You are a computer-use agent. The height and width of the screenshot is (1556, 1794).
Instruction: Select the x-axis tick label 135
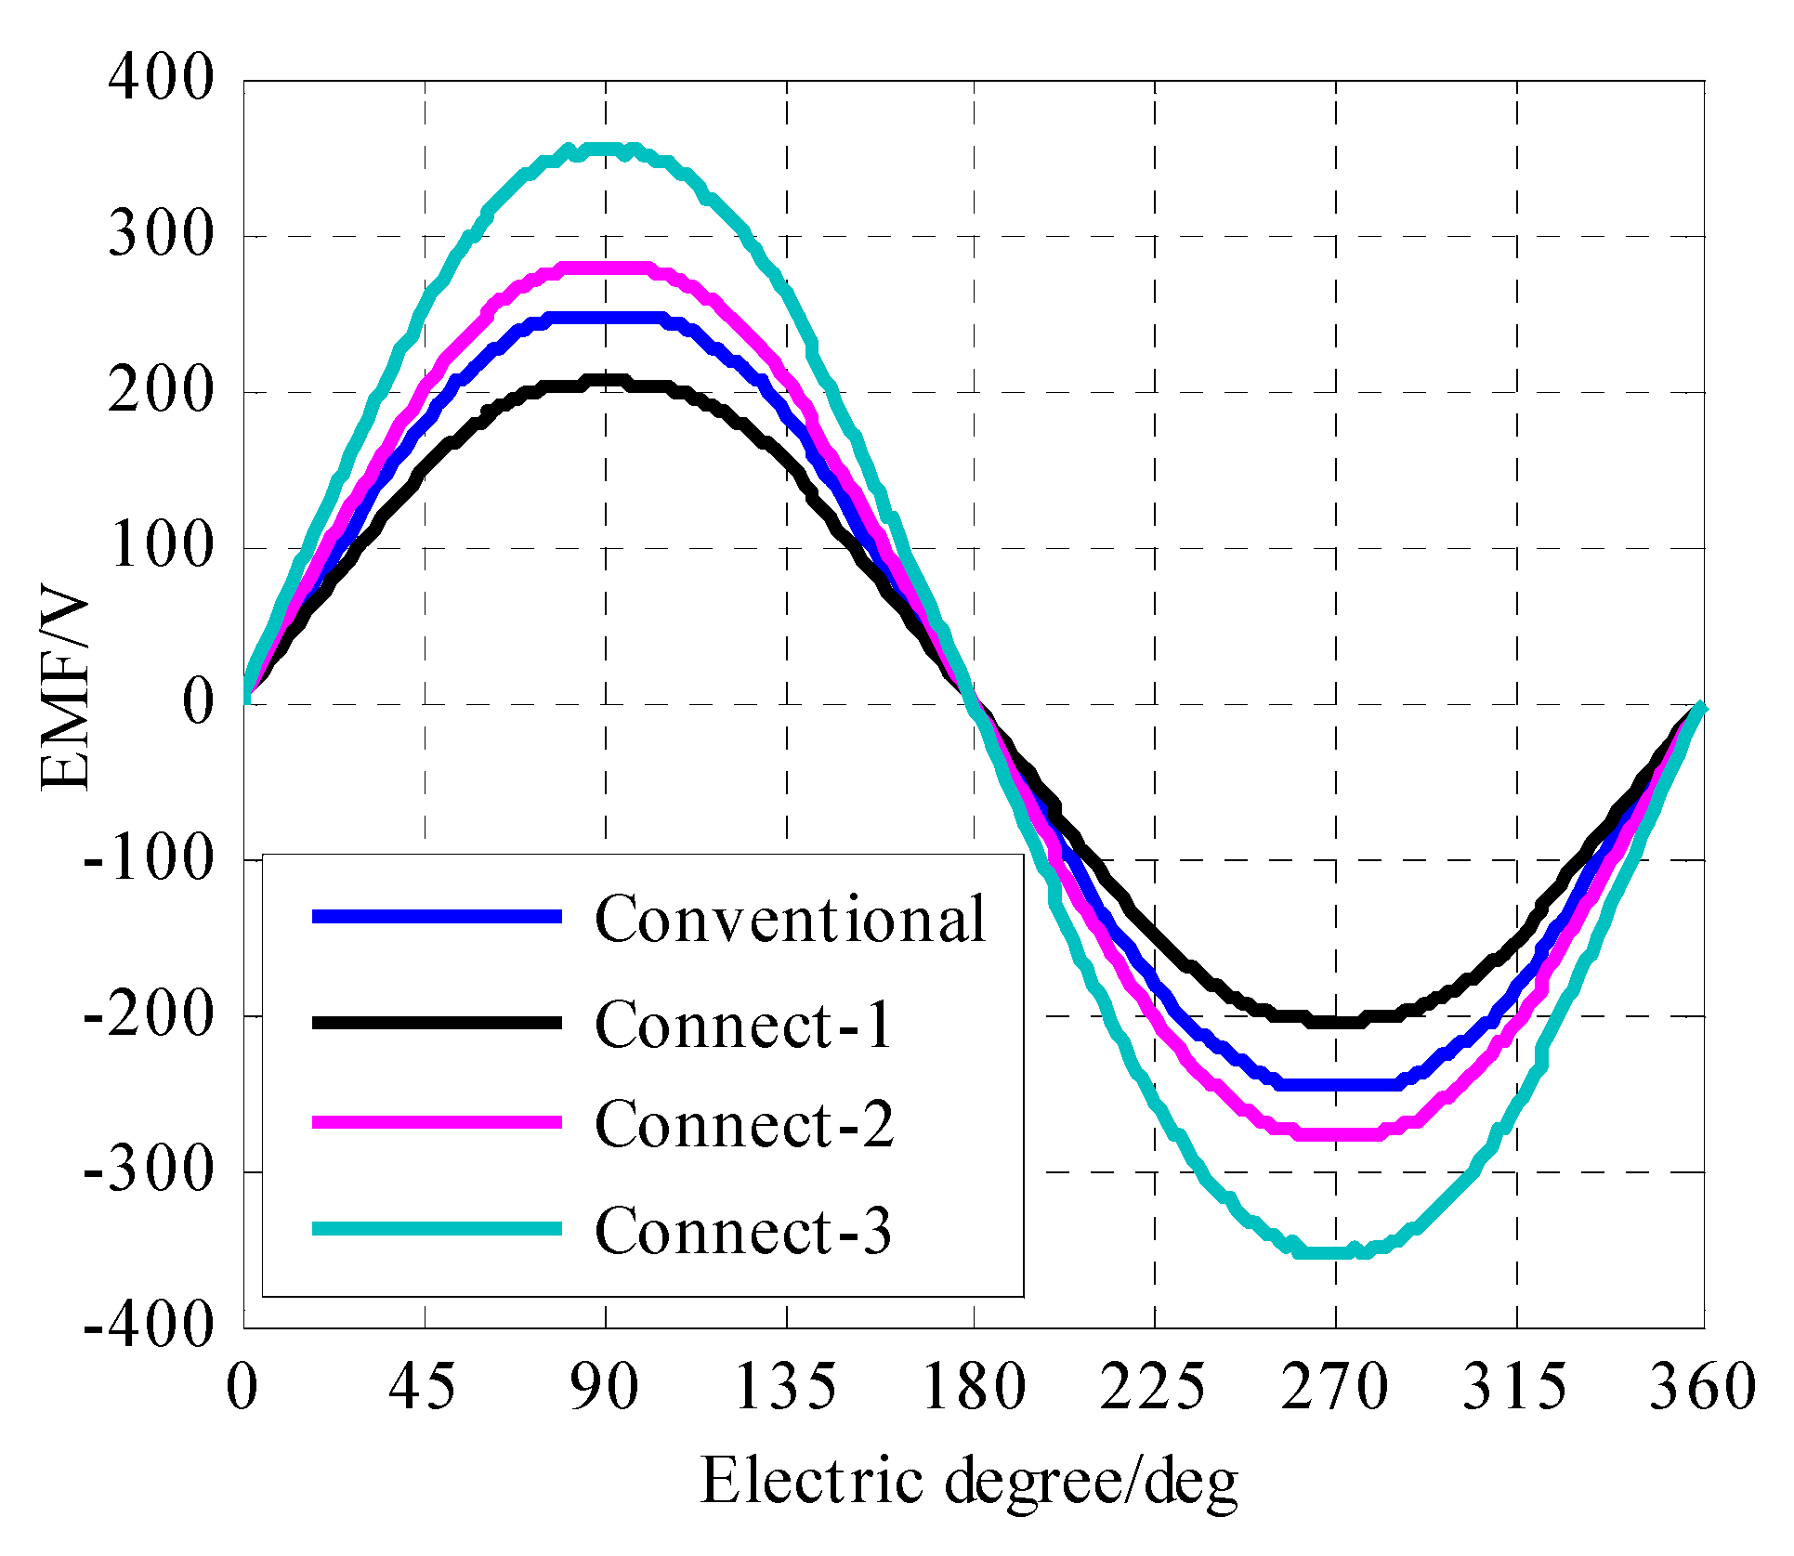click(786, 1387)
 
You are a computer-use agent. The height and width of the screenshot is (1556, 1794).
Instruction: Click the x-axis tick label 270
click(1334, 1387)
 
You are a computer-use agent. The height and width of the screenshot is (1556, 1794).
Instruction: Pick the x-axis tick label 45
click(423, 1387)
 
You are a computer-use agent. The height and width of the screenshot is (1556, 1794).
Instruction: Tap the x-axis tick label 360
click(1702, 1387)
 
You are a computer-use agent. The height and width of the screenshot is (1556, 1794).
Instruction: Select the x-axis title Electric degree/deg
click(969, 1481)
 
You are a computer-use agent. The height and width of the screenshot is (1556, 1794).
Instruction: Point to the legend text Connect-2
click(743, 1124)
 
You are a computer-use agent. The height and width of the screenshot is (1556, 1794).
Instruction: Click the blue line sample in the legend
click(437, 917)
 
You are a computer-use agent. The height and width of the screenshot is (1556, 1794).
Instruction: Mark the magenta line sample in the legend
click(437, 1122)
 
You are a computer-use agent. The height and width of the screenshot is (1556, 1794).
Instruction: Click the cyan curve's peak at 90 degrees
click(606, 150)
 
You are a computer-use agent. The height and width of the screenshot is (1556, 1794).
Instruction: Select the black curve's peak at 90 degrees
click(606, 381)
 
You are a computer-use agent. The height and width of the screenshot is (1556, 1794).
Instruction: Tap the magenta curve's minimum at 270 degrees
click(1336, 1133)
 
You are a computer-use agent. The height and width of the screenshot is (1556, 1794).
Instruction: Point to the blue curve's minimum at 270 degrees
click(1336, 1084)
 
